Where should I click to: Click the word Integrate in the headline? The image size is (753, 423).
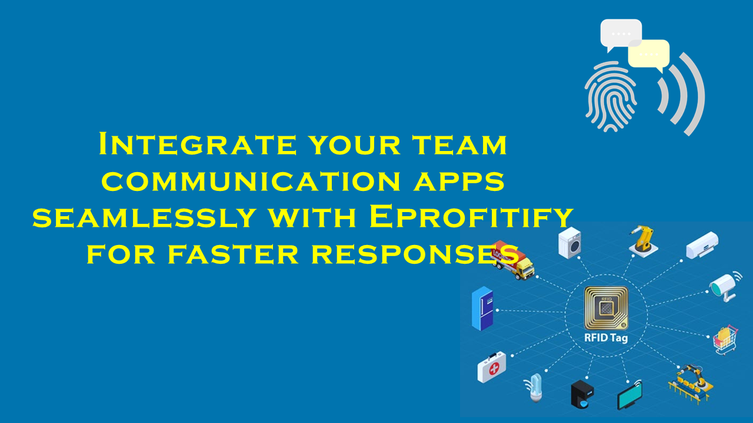(x=198, y=144)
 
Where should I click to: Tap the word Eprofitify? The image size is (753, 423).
(x=471, y=217)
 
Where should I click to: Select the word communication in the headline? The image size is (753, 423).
(x=251, y=182)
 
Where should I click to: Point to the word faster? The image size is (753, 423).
(x=232, y=254)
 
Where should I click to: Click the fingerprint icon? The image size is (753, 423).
(x=610, y=96)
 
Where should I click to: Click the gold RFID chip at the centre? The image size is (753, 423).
(x=606, y=308)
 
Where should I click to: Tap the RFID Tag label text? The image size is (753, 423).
(x=606, y=338)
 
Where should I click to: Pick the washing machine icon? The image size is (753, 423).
(x=570, y=243)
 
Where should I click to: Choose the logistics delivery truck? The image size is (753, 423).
(x=512, y=260)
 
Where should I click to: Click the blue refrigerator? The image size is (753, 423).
(x=482, y=308)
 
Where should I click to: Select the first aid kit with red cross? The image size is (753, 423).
(x=491, y=367)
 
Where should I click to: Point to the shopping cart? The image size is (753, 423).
(x=726, y=340)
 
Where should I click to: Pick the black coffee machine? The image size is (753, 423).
(x=582, y=394)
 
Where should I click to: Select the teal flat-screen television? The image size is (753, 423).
(x=629, y=395)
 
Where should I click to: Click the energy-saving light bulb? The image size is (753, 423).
(x=535, y=388)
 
